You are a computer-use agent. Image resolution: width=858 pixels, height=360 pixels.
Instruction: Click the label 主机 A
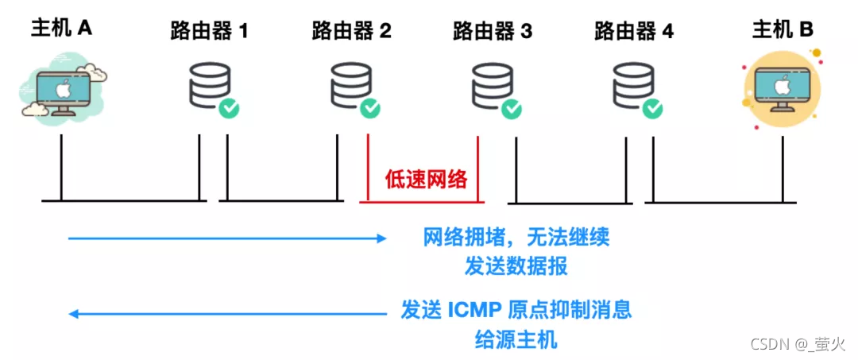point(62,29)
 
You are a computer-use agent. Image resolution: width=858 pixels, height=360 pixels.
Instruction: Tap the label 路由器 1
point(210,32)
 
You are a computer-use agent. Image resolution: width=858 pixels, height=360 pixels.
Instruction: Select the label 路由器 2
point(351,32)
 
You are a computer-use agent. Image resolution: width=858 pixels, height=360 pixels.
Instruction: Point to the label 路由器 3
point(493,32)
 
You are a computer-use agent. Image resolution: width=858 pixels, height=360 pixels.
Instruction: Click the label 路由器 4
point(634,32)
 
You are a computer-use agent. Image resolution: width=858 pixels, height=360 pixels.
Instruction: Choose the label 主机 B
point(783,30)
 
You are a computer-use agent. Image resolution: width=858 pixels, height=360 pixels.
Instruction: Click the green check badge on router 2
point(370,108)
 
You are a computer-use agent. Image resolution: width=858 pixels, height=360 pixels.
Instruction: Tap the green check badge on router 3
point(512,108)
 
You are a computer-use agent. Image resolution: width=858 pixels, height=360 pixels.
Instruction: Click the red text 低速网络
point(427,179)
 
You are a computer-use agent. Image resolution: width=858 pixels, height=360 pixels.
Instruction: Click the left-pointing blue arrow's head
point(73,314)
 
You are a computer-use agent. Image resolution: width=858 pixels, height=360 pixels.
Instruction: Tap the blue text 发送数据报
point(516,266)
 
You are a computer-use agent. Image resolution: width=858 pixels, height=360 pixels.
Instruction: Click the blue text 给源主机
point(516,340)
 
